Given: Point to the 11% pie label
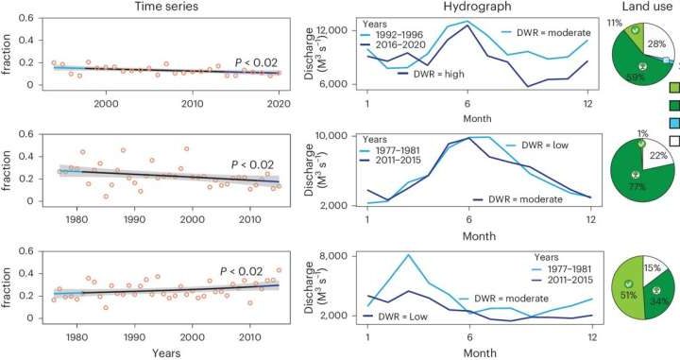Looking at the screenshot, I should click(x=614, y=21).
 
